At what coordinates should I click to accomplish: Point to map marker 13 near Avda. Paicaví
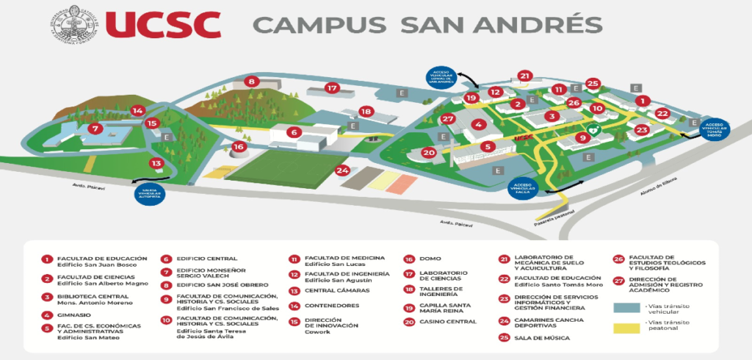(156, 163)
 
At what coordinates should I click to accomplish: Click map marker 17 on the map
(332, 88)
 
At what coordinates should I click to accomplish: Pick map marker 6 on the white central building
(294, 132)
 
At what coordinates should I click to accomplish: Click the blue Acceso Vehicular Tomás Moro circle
(715, 129)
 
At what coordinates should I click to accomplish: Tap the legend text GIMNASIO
(76, 315)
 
